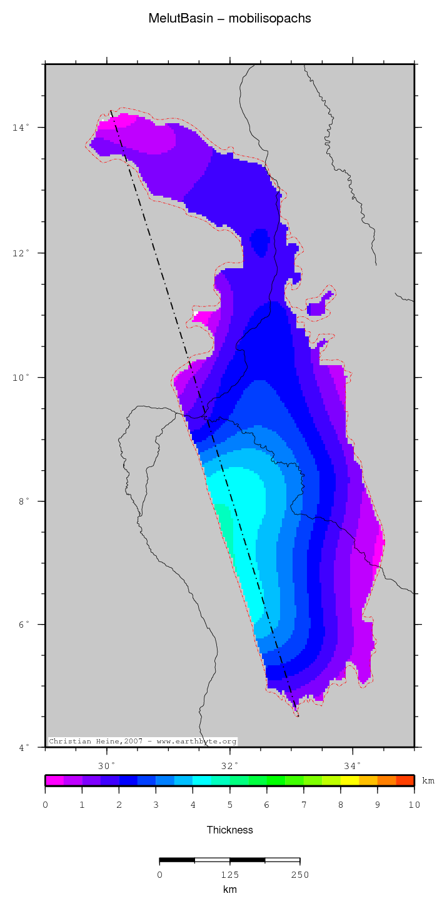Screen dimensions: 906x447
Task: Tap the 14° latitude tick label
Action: coord(21,128)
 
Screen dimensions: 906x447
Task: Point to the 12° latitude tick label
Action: coord(21,253)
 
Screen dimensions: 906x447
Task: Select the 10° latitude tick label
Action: coord(21,378)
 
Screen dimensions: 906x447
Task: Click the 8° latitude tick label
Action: coord(23,501)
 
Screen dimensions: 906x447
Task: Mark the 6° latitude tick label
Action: coord(23,625)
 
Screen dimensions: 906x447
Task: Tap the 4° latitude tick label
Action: coord(23,748)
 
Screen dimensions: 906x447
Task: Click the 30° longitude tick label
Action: coord(107,766)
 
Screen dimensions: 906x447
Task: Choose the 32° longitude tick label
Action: coord(230,766)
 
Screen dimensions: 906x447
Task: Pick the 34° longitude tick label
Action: coord(353,766)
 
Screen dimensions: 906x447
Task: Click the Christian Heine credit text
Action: coord(143,742)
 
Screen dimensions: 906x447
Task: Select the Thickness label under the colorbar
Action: coord(230,830)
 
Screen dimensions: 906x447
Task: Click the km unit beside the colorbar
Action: coord(428,781)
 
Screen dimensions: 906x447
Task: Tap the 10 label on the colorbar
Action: coord(414,805)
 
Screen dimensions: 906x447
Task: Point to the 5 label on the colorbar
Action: coord(229,805)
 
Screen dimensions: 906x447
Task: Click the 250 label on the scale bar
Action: coord(299,875)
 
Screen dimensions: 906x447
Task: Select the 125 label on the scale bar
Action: coord(229,875)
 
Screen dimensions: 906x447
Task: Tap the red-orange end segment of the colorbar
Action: coord(405,780)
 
